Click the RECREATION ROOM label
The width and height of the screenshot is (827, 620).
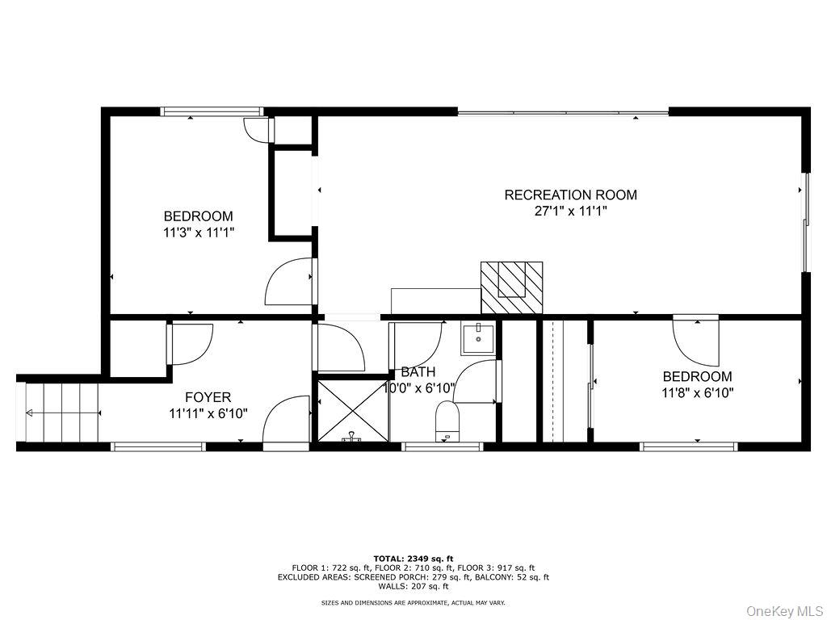pyautogui.click(x=571, y=195)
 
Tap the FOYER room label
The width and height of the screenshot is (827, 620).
pyautogui.click(x=208, y=397)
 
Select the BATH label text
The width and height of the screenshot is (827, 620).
pyautogui.click(x=418, y=371)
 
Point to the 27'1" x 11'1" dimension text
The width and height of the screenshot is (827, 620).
pyautogui.click(x=571, y=212)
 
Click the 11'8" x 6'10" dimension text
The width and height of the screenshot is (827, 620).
pyautogui.click(x=697, y=393)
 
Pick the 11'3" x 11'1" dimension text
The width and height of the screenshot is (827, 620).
pyautogui.click(x=199, y=232)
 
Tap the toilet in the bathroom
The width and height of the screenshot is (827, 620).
pyautogui.click(x=447, y=420)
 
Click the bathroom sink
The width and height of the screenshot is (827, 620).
pyautogui.click(x=478, y=340)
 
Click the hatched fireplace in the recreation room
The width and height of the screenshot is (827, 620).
pyautogui.click(x=511, y=287)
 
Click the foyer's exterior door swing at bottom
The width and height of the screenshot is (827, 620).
pyautogui.click(x=286, y=421)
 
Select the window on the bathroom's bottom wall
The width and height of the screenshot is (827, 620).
pyautogui.click(x=442, y=446)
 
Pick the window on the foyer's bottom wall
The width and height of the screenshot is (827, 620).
pyautogui.click(x=158, y=446)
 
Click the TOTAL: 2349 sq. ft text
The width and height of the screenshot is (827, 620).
pyautogui.click(x=413, y=559)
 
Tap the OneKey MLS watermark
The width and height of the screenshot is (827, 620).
pyautogui.click(x=784, y=611)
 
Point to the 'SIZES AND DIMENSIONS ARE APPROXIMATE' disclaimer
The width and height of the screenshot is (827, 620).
pyautogui.click(x=413, y=602)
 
